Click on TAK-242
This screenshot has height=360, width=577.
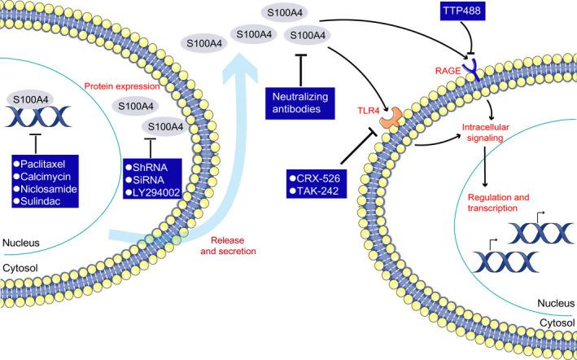[320, 191]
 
